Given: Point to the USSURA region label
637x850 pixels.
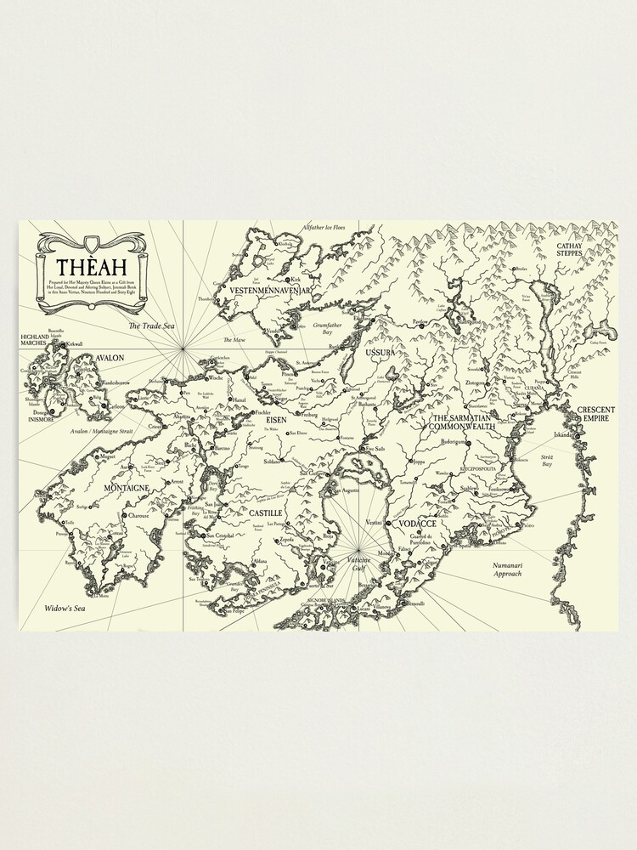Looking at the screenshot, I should [381, 351].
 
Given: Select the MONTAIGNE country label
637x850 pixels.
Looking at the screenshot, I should [126, 488].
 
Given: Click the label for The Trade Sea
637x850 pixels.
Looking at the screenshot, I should [145, 326].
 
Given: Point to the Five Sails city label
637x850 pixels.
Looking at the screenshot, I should [374, 449].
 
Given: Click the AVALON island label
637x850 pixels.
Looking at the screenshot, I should [110, 358].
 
